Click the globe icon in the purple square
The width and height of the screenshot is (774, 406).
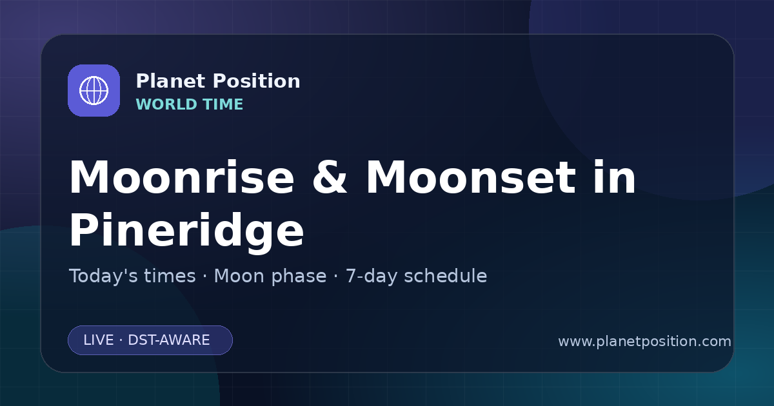click(x=94, y=90)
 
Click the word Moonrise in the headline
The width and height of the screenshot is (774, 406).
click(x=182, y=177)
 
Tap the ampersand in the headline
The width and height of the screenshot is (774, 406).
click(x=330, y=177)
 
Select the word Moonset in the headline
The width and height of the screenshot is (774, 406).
click(x=471, y=177)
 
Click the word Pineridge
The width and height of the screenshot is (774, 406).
click(x=186, y=231)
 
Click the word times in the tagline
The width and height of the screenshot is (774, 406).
click(x=170, y=276)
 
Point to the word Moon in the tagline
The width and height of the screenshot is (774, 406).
click(x=240, y=276)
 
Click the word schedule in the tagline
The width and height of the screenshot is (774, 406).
click(x=446, y=276)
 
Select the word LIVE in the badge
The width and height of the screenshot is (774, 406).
click(x=99, y=340)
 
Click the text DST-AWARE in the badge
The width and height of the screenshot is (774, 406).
click(x=168, y=340)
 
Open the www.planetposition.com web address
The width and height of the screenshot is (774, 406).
click(x=645, y=342)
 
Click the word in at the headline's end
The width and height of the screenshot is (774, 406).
click(x=614, y=177)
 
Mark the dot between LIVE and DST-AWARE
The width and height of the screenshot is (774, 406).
click(x=121, y=340)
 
